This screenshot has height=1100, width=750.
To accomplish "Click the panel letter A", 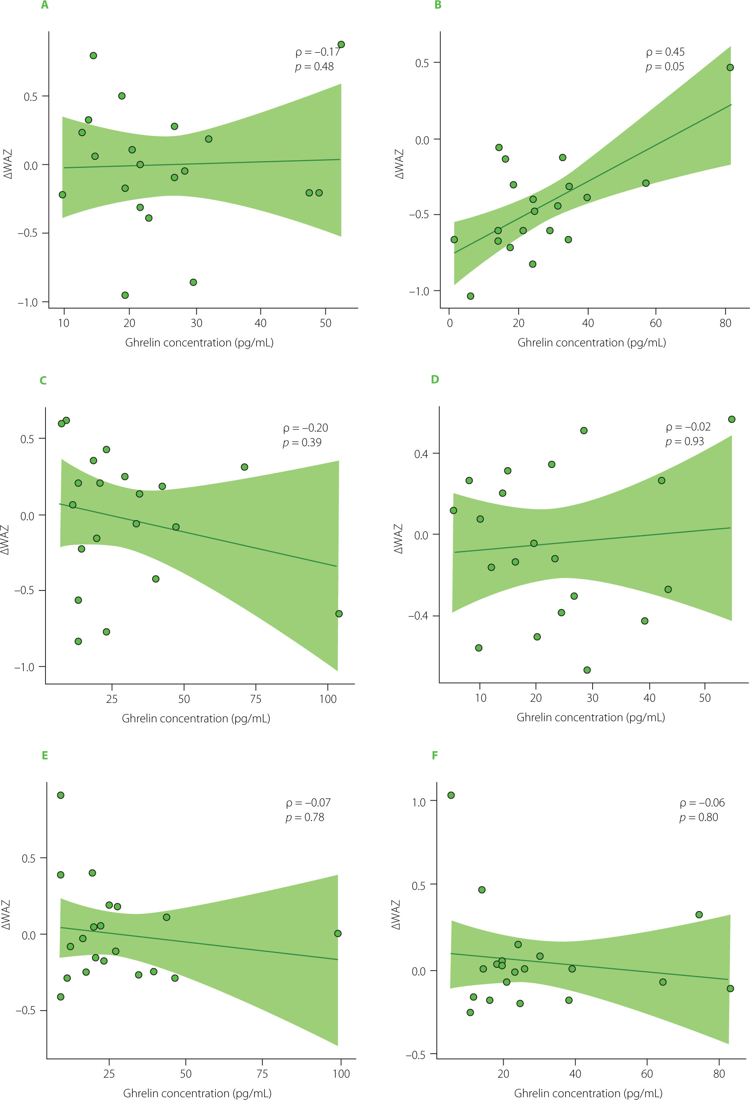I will click(44, 5).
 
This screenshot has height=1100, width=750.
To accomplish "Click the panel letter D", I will click(435, 379).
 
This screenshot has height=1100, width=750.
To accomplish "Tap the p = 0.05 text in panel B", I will click(665, 67).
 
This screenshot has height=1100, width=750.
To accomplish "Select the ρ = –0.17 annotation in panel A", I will click(318, 52).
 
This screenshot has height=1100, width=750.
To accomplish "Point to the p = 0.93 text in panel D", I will click(685, 441).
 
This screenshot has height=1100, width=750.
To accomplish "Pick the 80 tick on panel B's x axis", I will click(725, 323).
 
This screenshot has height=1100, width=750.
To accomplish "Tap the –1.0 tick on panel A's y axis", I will click(28, 302).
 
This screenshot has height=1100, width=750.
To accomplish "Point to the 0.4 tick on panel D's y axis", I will click(421, 454).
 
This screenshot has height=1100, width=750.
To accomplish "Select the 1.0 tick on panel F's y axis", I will click(419, 802).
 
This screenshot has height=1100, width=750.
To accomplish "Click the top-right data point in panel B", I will click(730, 68).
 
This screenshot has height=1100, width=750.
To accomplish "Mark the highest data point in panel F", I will click(451, 795).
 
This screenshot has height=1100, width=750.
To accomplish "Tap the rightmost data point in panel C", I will click(339, 614).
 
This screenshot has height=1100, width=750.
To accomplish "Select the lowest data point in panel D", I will click(587, 670).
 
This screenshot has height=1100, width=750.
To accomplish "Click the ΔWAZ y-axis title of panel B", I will click(400, 164).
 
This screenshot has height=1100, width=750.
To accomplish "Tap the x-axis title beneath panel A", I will click(199, 343).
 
